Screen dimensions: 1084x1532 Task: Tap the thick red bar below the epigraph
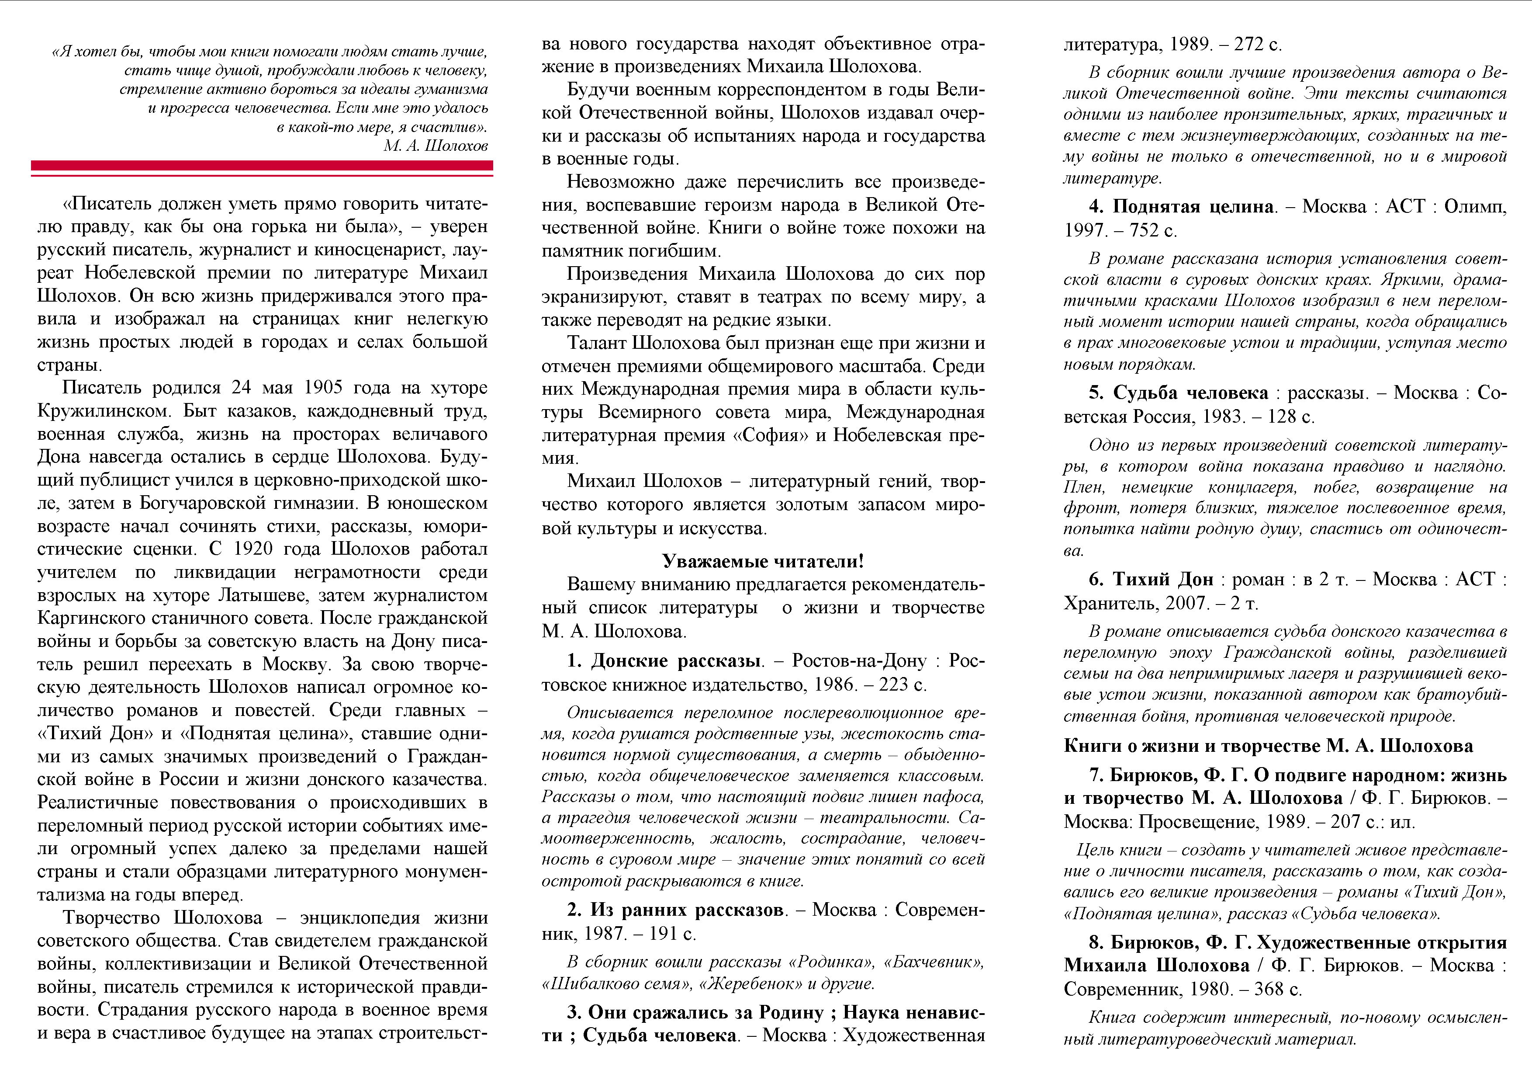coord(262,165)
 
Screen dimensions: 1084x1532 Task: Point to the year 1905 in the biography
coord(324,388)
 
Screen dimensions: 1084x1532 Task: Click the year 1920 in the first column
coord(252,549)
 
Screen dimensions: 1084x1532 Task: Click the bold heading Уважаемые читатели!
coord(763,561)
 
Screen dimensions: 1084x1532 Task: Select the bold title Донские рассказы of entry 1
coord(676,661)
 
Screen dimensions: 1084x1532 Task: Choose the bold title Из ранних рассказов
coord(687,910)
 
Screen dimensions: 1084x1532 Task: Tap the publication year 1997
coord(1085,230)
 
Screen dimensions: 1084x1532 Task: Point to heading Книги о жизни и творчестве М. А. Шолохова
coord(1268,746)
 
